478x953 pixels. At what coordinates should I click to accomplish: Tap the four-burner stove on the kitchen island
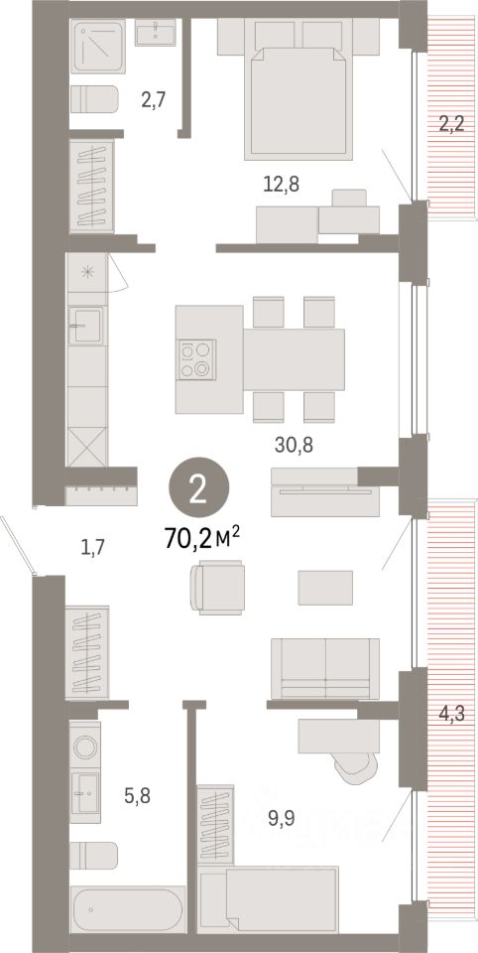coord(195,359)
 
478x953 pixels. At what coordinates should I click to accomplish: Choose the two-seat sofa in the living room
coord(324,667)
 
